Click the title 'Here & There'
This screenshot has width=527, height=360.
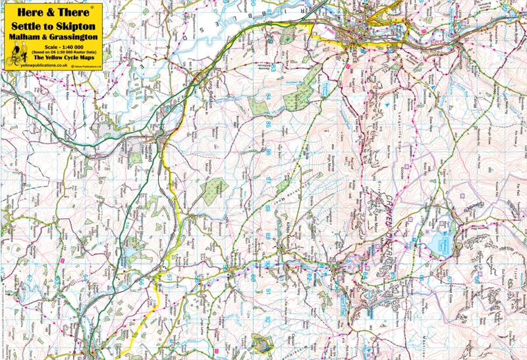pyautogui.click(x=50, y=11)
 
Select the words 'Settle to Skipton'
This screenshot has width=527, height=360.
pyautogui.click(x=50, y=26)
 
